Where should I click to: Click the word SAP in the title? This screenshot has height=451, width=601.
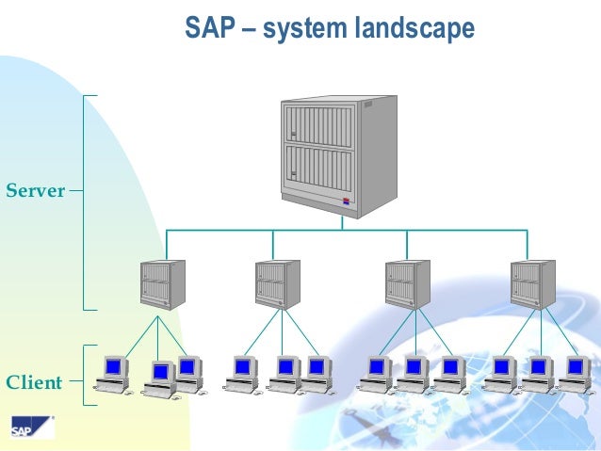[x=208, y=30]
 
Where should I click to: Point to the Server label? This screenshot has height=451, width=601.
[x=36, y=191]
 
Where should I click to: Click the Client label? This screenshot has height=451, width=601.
[x=34, y=383]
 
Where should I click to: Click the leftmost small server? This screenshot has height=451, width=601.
[x=161, y=283]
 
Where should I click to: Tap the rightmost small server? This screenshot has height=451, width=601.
[x=532, y=283]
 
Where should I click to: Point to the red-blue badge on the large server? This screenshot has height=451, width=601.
[x=348, y=201]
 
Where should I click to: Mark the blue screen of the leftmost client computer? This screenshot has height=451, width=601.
[x=114, y=365]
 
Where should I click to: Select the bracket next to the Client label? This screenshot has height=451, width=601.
[x=87, y=375]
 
